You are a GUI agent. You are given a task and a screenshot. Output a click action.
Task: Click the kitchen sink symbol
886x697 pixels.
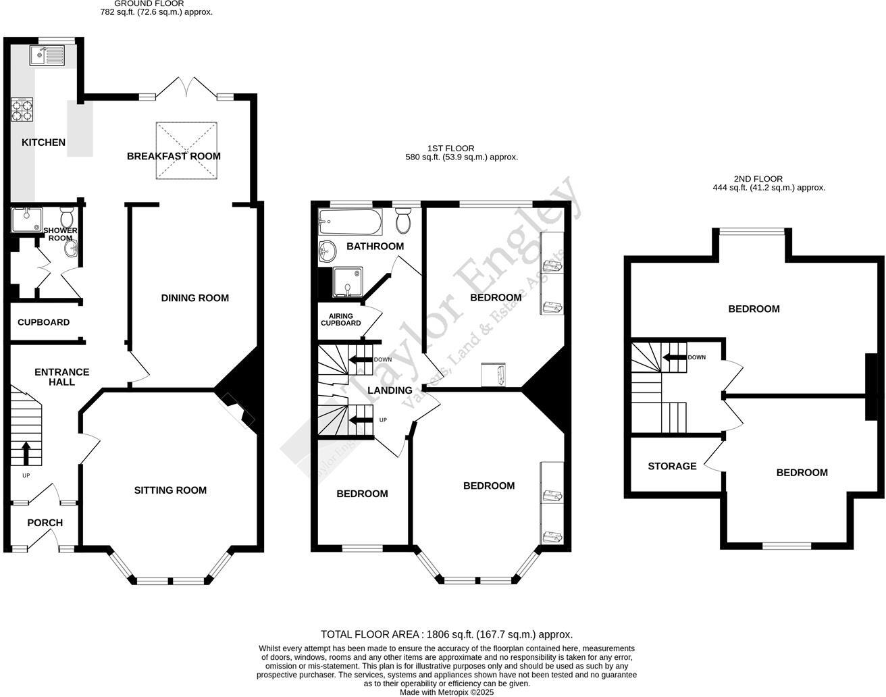pos(46,55)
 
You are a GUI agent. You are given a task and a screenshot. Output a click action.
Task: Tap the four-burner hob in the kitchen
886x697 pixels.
pos(22,109)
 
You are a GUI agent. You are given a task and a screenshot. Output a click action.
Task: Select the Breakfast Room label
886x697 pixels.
pos(174,156)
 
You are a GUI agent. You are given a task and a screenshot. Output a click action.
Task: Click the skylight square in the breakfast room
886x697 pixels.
pos(187,151)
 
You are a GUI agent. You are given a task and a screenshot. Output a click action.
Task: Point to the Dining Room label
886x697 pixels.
pos(194,298)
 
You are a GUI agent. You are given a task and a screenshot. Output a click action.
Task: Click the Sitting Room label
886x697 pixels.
pos(170,490)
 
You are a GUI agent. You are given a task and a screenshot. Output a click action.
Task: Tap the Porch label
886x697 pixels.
pos(45,523)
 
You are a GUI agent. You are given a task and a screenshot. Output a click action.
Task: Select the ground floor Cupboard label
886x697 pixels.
pos(43,322)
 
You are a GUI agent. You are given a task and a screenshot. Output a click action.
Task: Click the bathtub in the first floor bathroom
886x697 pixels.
pos(350,220)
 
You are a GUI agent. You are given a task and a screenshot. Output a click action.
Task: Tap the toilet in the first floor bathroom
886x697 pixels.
pos(403,220)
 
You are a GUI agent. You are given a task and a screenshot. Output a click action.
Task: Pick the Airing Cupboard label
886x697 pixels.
pos(344,319)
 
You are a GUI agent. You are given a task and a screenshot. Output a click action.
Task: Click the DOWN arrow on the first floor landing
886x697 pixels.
pos(359,360)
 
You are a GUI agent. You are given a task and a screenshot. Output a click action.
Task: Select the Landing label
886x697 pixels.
pos(390,390)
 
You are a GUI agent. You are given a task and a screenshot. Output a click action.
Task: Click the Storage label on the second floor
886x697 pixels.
pos(672,466)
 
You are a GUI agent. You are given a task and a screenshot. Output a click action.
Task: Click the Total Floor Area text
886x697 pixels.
pos(446,634)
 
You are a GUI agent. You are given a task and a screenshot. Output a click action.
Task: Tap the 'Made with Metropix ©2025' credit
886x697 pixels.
pos(446,692)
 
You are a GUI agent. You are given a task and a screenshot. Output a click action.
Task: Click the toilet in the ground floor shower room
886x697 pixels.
pos(67,218)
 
